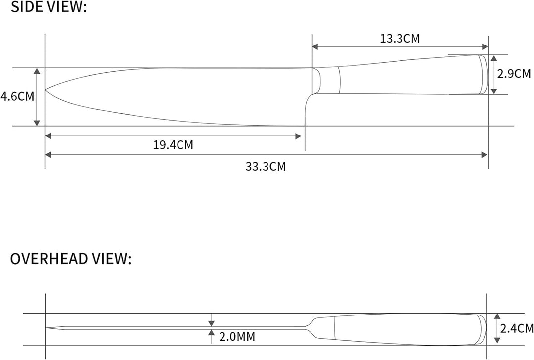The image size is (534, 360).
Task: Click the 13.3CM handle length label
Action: [x=400, y=38]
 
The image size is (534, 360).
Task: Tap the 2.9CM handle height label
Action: [x=514, y=74]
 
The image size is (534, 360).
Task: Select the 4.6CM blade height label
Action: [x=17, y=96]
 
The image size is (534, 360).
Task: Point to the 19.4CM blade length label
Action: [x=173, y=145]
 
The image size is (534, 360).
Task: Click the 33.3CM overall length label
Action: [x=266, y=167]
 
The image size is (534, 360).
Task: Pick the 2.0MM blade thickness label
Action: [x=237, y=337]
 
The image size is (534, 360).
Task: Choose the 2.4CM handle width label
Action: [x=517, y=328]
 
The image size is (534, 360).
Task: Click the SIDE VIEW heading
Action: [x=48, y=7]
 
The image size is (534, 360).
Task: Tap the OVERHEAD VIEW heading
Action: [x=71, y=259]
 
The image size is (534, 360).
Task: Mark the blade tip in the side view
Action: [x=45, y=90]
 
